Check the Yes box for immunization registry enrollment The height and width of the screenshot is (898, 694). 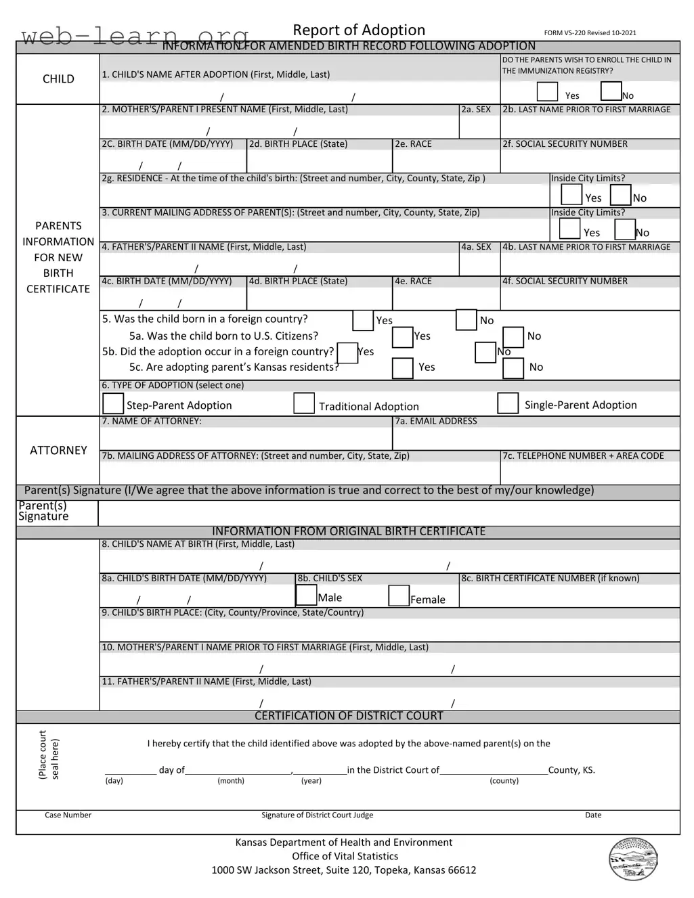pos(547,91)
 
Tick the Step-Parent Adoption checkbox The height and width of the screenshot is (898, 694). pos(113,403)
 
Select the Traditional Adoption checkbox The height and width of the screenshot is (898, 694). pos(304,403)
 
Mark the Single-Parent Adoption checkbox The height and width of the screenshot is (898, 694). pos(508,403)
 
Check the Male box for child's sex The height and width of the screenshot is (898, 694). pos(307,595)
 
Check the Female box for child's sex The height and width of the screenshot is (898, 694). pos(399,596)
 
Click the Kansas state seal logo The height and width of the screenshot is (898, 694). pos(633,859)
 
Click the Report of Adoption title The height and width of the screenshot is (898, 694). pos(359,30)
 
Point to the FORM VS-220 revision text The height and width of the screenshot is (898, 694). pos(590,32)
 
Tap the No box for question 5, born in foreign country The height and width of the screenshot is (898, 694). pos(467,319)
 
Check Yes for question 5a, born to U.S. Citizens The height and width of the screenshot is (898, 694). pos(403,337)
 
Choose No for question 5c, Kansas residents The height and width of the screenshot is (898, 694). pos(513,368)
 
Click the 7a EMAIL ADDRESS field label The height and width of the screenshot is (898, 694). pos(436,421)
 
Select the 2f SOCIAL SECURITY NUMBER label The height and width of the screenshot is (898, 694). pos(565,144)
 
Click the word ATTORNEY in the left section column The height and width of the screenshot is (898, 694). pos(58,450)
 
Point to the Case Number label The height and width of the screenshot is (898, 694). pos(68,815)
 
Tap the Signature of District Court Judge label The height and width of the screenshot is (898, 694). pos(317,815)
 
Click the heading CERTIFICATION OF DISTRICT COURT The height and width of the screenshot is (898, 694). pos(349,716)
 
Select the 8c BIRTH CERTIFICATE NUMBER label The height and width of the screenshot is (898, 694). pos(550,578)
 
